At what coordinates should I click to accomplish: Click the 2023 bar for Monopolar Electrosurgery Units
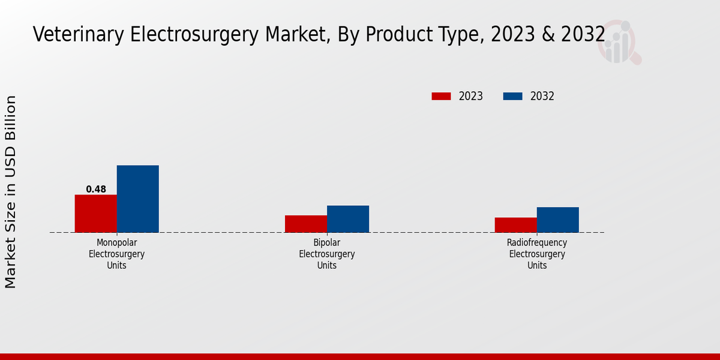(x=95, y=214)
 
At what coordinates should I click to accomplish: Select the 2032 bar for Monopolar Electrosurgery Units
(x=137, y=199)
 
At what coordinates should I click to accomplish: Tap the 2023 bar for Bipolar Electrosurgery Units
(x=305, y=224)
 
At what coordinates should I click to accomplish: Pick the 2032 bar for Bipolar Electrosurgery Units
(x=347, y=219)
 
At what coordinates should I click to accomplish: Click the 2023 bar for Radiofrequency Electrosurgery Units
(x=515, y=225)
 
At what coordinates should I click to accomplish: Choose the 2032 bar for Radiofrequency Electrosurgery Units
(x=557, y=220)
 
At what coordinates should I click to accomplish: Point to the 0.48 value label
(x=96, y=190)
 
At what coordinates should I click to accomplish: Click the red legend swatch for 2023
(x=441, y=96)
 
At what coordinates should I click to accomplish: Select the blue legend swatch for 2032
(x=512, y=96)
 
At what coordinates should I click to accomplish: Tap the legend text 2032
(x=542, y=96)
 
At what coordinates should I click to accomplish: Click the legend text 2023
(x=471, y=96)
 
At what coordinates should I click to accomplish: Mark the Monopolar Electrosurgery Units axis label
(x=116, y=254)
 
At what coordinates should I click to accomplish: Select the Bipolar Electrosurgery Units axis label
(x=326, y=254)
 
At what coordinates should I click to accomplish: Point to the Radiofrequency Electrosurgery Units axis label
(x=536, y=254)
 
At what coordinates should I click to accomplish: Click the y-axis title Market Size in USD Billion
(x=11, y=192)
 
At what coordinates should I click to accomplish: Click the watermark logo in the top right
(x=619, y=42)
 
